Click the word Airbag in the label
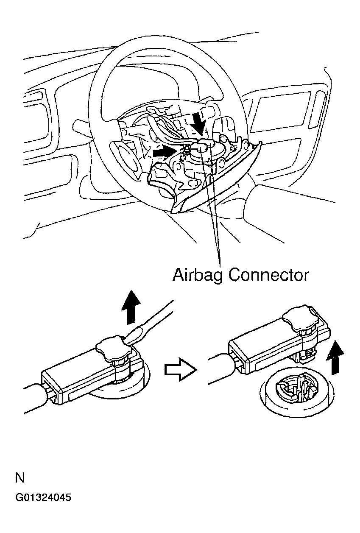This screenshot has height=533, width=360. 198,276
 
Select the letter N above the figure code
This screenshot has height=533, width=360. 20,478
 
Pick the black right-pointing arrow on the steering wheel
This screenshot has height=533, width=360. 164,151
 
